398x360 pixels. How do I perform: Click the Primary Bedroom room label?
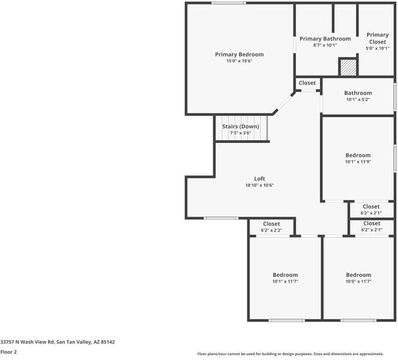tap(239, 55)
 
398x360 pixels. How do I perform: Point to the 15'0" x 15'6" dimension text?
tap(239, 61)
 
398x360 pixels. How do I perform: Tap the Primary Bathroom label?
tap(325, 38)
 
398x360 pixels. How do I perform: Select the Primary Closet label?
tap(378, 38)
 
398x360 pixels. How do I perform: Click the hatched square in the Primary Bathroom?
tap(348, 67)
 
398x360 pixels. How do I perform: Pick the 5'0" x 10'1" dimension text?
tap(378, 49)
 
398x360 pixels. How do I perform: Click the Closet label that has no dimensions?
tap(307, 83)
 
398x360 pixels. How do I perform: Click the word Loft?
tap(259, 179)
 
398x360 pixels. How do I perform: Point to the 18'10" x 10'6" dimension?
tap(259, 185)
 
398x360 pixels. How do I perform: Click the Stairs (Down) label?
tap(240, 127)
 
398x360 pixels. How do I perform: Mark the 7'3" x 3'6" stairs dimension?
tap(240, 133)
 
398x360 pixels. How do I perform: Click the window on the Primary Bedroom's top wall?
tap(228, 3)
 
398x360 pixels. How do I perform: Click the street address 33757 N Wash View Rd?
tap(58, 342)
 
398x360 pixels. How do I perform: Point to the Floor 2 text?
tap(8, 352)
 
